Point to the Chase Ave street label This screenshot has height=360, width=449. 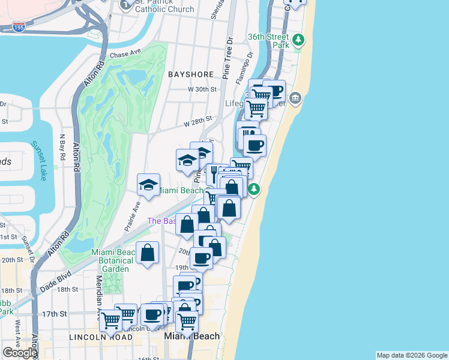[124, 55]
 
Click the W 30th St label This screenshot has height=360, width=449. [201, 89]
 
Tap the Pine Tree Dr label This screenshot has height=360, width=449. [228, 59]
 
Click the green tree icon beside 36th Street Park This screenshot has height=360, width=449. [298, 41]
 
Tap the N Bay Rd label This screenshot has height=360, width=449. [62, 146]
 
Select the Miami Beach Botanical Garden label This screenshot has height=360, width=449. [112, 261]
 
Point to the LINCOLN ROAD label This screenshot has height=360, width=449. [101, 337]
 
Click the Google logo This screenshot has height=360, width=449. [19, 353]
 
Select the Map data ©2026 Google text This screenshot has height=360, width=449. [412, 355]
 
